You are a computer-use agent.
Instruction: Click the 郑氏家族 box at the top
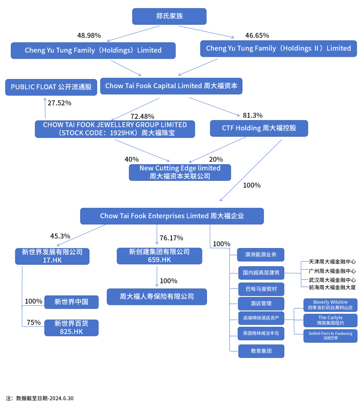pyautogui.click(x=169, y=16)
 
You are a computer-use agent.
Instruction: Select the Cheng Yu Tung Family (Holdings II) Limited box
pyautogui.click(x=278, y=48)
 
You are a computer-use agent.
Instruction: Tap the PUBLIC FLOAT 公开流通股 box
pyautogui.click(x=51, y=87)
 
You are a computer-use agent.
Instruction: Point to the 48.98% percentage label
pyautogui.click(x=89, y=35)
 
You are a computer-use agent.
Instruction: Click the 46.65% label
pyautogui.click(x=257, y=35)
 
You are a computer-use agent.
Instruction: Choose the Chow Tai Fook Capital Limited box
pyautogui.click(x=171, y=86)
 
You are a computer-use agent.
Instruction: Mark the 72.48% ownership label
pyautogui.click(x=142, y=116)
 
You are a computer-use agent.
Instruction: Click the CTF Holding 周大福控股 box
pyautogui.click(x=259, y=128)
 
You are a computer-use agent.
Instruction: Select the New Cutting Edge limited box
pyautogui.click(x=180, y=172)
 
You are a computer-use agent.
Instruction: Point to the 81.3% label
pyautogui.click(x=253, y=115)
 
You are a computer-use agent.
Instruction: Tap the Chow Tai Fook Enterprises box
pyautogui.click(x=172, y=216)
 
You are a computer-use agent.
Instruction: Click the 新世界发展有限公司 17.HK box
pyautogui.click(x=52, y=256)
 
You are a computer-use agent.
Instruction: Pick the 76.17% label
pyautogui.click(x=171, y=238)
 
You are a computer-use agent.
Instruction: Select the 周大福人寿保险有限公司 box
pyautogui.click(x=157, y=296)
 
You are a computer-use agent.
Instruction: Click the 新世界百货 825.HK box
pyautogui.click(x=71, y=328)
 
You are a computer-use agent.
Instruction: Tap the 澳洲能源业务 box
pyautogui.click(x=261, y=255)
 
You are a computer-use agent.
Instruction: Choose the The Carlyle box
pyautogui.click(x=330, y=320)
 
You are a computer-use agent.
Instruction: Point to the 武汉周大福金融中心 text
pyautogui.click(x=332, y=280)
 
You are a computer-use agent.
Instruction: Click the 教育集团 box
pyautogui.click(x=261, y=351)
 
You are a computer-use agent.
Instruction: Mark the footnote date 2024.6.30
pyautogui.click(x=61, y=398)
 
